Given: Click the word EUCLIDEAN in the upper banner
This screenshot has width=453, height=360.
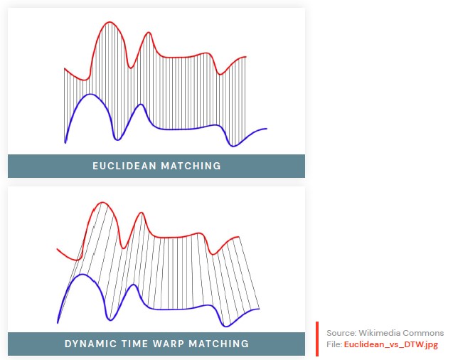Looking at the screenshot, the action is point(124,166).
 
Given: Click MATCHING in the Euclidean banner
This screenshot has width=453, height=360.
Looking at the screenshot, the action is point(191,166).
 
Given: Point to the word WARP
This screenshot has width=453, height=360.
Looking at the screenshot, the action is point(168,344).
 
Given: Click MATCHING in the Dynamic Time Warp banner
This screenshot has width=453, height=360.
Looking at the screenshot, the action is point(219,344).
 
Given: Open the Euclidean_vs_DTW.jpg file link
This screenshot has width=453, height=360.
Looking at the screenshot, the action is point(391,344).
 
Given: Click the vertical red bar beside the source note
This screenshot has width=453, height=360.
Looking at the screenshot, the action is point(317,339).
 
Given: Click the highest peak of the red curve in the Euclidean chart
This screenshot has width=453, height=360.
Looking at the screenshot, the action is point(110,22).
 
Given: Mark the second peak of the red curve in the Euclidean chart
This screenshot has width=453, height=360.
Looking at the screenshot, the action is point(149,33).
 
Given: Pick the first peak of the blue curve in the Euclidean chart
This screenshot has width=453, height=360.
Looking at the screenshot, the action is point(90,95).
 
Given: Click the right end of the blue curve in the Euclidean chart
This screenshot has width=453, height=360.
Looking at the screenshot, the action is point(267,129).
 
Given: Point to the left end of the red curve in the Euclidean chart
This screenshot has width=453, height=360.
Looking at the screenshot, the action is point(65,69).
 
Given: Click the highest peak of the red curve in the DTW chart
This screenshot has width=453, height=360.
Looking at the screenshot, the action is point(102,203).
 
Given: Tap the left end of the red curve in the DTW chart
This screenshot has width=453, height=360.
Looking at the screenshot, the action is point(57,249).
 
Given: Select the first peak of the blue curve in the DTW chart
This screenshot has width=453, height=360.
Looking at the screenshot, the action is point(82,275).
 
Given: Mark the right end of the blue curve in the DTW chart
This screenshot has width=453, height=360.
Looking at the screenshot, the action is point(259,309).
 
